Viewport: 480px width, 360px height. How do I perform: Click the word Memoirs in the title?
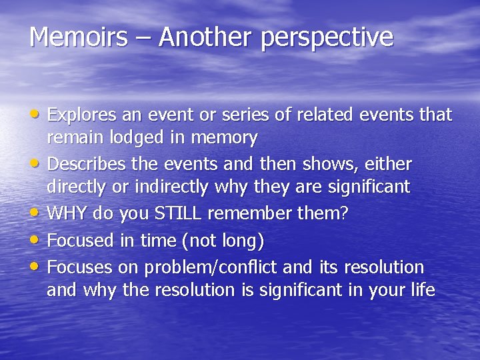tap(77, 37)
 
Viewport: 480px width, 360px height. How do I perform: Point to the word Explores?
tap(83, 115)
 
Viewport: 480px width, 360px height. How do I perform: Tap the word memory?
tap(225, 139)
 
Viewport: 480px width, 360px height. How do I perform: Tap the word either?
tap(389, 164)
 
